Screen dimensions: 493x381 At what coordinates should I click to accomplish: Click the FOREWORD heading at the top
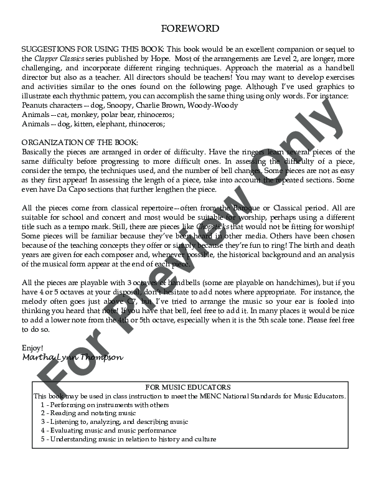coord(190,29)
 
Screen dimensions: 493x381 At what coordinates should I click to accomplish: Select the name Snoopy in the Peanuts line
coord(110,106)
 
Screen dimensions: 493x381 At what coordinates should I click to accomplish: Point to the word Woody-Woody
coord(204,106)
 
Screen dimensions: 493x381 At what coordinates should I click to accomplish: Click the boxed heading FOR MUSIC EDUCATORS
coord(191,387)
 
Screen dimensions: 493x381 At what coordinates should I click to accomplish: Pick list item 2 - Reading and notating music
coord(88,413)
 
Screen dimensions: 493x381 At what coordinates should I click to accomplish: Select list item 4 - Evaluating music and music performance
coord(108,430)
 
